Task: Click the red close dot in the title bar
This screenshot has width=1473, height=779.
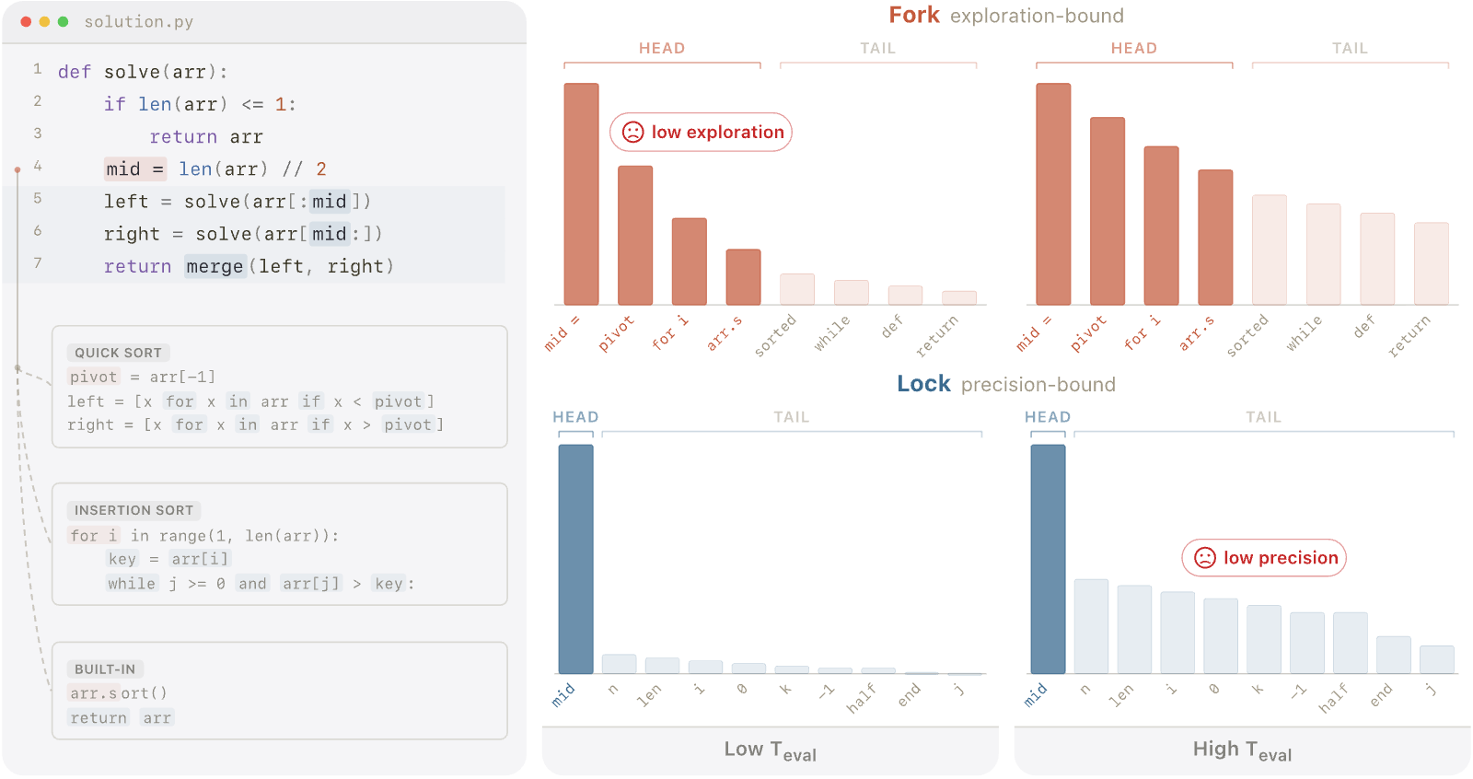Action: pos(26,22)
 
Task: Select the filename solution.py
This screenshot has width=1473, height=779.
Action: pos(139,22)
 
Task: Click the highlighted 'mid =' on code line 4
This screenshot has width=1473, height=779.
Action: pos(134,169)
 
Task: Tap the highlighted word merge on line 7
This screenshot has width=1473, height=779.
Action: pos(215,266)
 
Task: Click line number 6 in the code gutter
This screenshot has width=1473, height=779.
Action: pos(38,230)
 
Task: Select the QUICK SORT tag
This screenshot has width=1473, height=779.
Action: pos(119,353)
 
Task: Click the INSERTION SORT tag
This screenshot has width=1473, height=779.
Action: pos(133,510)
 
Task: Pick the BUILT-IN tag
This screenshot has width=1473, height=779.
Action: pos(105,669)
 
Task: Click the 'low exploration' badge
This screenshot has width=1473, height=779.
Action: pos(701,133)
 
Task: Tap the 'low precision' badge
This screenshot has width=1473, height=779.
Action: pos(1264,558)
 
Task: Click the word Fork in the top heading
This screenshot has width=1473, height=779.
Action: pos(914,15)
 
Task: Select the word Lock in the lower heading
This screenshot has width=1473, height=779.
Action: pos(923,384)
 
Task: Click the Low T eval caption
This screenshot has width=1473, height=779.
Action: pos(770,750)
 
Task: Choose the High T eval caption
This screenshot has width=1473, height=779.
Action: pos(1242,750)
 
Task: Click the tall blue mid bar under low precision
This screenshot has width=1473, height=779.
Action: pos(1049,559)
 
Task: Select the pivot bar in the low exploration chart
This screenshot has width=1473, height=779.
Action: pos(635,236)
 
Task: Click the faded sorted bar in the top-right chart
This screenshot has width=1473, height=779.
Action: pos(1270,250)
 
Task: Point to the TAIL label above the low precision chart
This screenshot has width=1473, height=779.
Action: pos(1264,417)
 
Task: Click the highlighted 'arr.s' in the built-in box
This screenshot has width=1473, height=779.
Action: pos(94,692)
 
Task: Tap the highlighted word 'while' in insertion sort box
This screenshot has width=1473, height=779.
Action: pos(132,584)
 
